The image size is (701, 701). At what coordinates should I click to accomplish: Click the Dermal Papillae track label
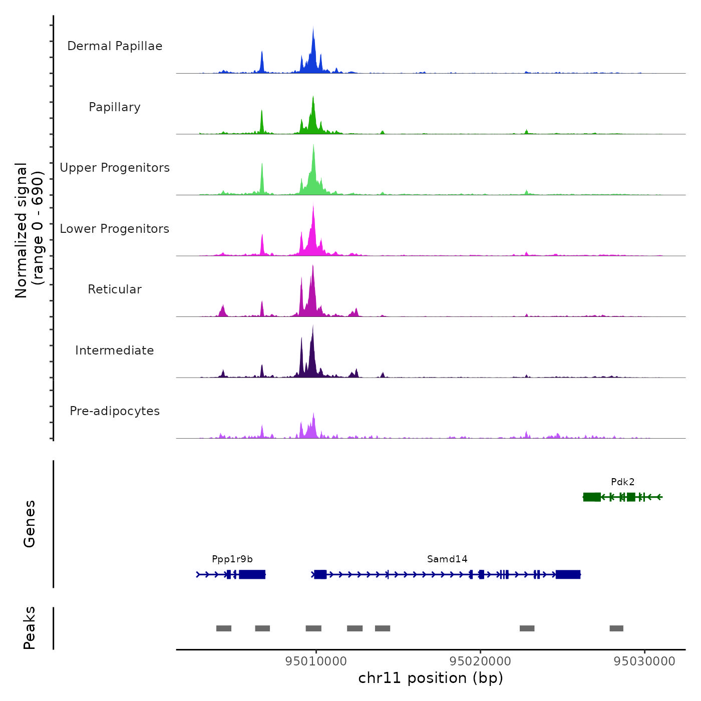[115, 46]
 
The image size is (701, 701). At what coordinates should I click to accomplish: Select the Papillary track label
[115, 107]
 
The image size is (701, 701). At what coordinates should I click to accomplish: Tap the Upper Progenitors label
[115, 168]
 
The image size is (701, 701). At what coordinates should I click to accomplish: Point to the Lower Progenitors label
[115, 229]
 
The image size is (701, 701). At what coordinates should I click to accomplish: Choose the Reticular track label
[115, 289]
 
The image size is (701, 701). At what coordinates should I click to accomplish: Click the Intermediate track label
[115, 350]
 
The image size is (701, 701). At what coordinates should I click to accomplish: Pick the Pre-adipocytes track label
[115, 411]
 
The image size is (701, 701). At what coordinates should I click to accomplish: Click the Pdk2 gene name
[622, 482]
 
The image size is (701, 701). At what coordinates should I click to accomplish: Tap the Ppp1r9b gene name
[232, 559]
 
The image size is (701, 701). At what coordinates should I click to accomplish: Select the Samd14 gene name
[447, 559]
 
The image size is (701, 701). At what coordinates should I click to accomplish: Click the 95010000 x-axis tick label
[316, 661]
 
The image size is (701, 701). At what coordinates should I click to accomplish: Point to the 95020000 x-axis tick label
[480, 661]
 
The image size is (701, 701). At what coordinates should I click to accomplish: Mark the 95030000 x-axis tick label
[644, 661]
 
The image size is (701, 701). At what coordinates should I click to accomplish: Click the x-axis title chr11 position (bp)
[431, 678]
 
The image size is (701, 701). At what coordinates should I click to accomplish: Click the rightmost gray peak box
[616, 628]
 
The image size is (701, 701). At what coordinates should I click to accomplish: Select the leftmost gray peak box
[224, 628]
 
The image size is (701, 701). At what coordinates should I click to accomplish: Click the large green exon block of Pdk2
[592, 497]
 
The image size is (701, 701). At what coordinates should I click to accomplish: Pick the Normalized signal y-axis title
[29, 230]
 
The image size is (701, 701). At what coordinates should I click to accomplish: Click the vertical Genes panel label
[30, 524]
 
